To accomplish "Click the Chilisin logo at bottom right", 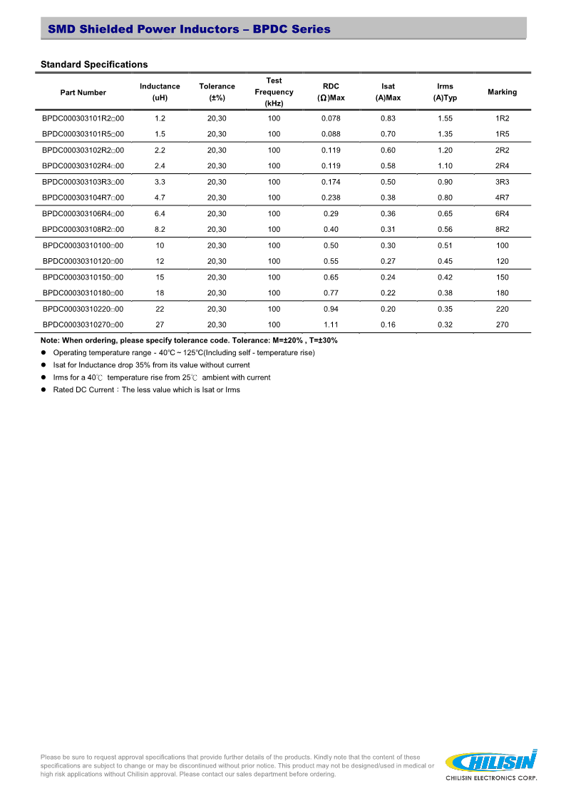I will point(490,764).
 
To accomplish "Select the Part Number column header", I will point(83,92).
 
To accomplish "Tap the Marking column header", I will point(502,92).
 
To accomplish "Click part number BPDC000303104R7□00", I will point(83,198).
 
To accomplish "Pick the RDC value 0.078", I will point(331,118).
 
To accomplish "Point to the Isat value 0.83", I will point(388,118).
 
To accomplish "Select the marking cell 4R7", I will point(502,198).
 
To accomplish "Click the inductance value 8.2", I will point(160,229).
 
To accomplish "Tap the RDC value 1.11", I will point(331,325).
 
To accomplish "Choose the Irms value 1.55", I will point(445,118).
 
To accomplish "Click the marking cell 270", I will point(502,325).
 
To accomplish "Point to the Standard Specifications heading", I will point(94,65).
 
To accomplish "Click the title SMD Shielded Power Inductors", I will point(189,29).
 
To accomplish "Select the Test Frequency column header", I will point(274,92).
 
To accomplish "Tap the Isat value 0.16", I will point(388,325).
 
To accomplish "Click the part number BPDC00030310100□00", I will point(83,245).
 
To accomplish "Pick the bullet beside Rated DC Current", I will point(43,390).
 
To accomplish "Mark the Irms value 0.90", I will point(445,182).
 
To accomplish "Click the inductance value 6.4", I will point(160,213).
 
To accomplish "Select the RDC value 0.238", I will point(331,198).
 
